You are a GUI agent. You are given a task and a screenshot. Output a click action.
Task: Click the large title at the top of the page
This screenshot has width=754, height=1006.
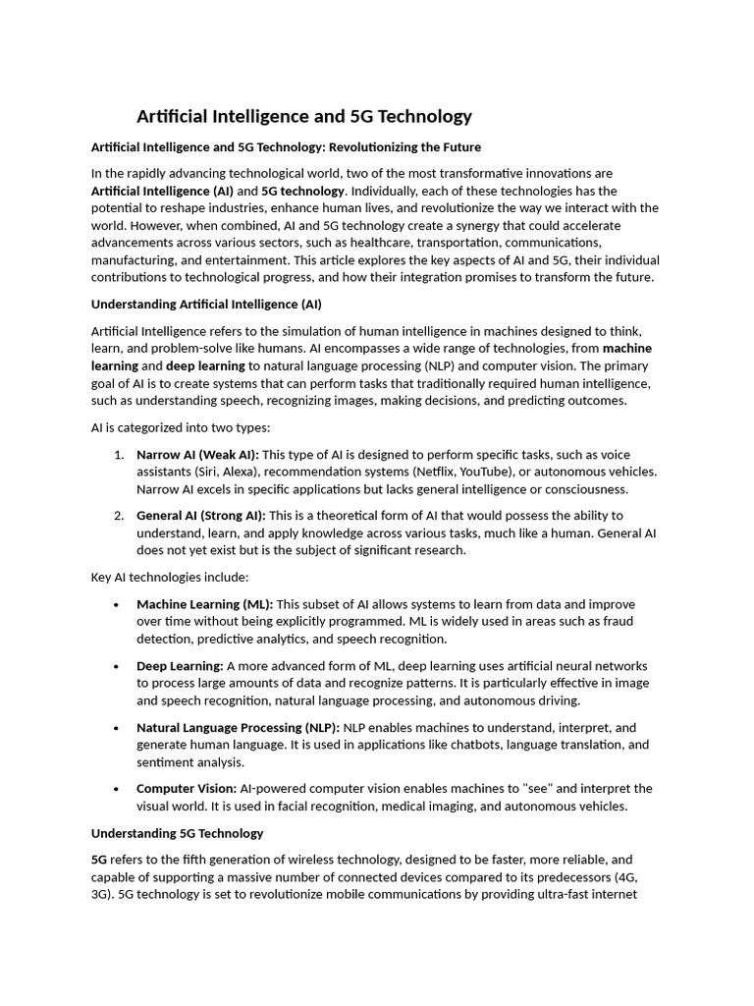[x=303, y=117]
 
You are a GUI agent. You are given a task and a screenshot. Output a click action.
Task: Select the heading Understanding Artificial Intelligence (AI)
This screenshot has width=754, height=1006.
[x=206, y=305]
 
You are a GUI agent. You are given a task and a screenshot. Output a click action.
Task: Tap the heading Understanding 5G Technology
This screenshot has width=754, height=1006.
[x=177, y=833]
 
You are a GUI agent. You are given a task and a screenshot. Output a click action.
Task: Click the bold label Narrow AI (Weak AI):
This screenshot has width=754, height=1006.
[x=197, y=454]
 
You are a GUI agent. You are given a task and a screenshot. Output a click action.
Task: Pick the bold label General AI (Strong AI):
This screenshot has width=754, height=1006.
[x=200, y=515]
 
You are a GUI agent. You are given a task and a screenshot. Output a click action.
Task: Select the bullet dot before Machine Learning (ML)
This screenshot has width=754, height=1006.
[x=117, y=604]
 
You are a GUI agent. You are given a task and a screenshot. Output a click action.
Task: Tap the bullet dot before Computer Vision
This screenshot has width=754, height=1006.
[x=117, y=789]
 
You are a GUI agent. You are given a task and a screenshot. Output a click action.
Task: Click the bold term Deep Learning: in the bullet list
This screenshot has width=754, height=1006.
[x=180, y=665]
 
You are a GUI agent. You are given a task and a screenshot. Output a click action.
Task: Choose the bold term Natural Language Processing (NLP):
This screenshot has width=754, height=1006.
[x=238, y=728]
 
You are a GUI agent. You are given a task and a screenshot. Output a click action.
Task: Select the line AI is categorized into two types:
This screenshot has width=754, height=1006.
[x=181, y=427]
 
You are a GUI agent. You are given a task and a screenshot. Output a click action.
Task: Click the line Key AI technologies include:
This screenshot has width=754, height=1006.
[x=170, y=577]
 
